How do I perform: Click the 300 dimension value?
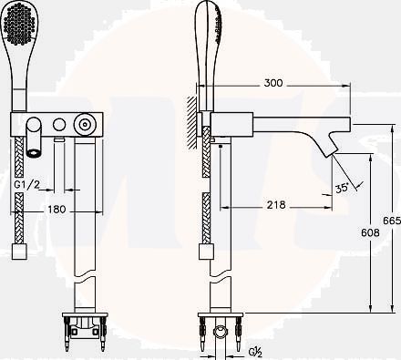(273, 83)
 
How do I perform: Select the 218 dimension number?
(276, 205)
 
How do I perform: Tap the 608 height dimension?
(370, 232)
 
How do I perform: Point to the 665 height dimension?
(392, 221)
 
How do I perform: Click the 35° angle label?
(342, 188)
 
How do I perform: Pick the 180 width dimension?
(57, 209)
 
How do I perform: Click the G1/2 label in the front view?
(27, 184)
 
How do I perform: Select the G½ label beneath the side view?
(256, 352)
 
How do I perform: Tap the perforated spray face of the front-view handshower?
(19, 24)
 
